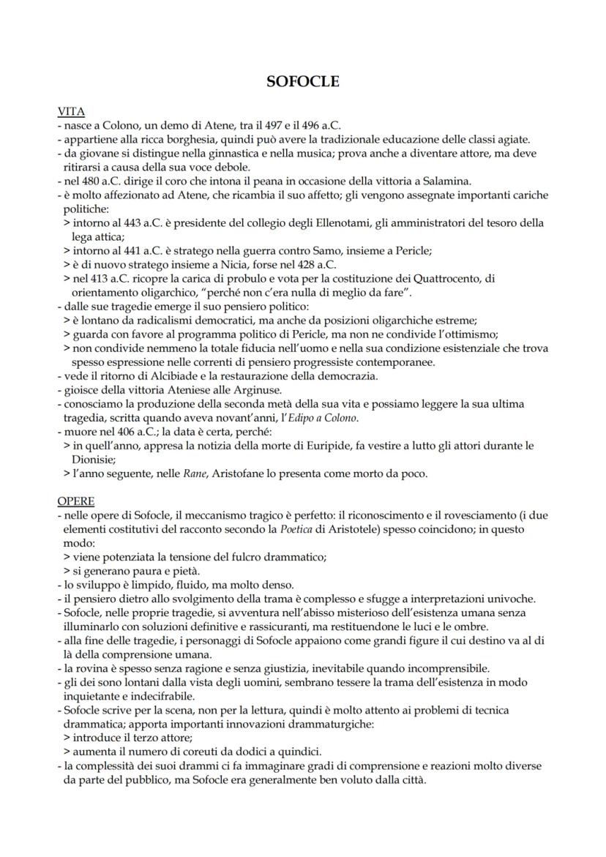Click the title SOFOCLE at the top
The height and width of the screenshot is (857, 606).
(303, 82)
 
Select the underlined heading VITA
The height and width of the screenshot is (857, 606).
(71, 112)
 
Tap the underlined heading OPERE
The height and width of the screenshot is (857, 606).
(75, 501)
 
